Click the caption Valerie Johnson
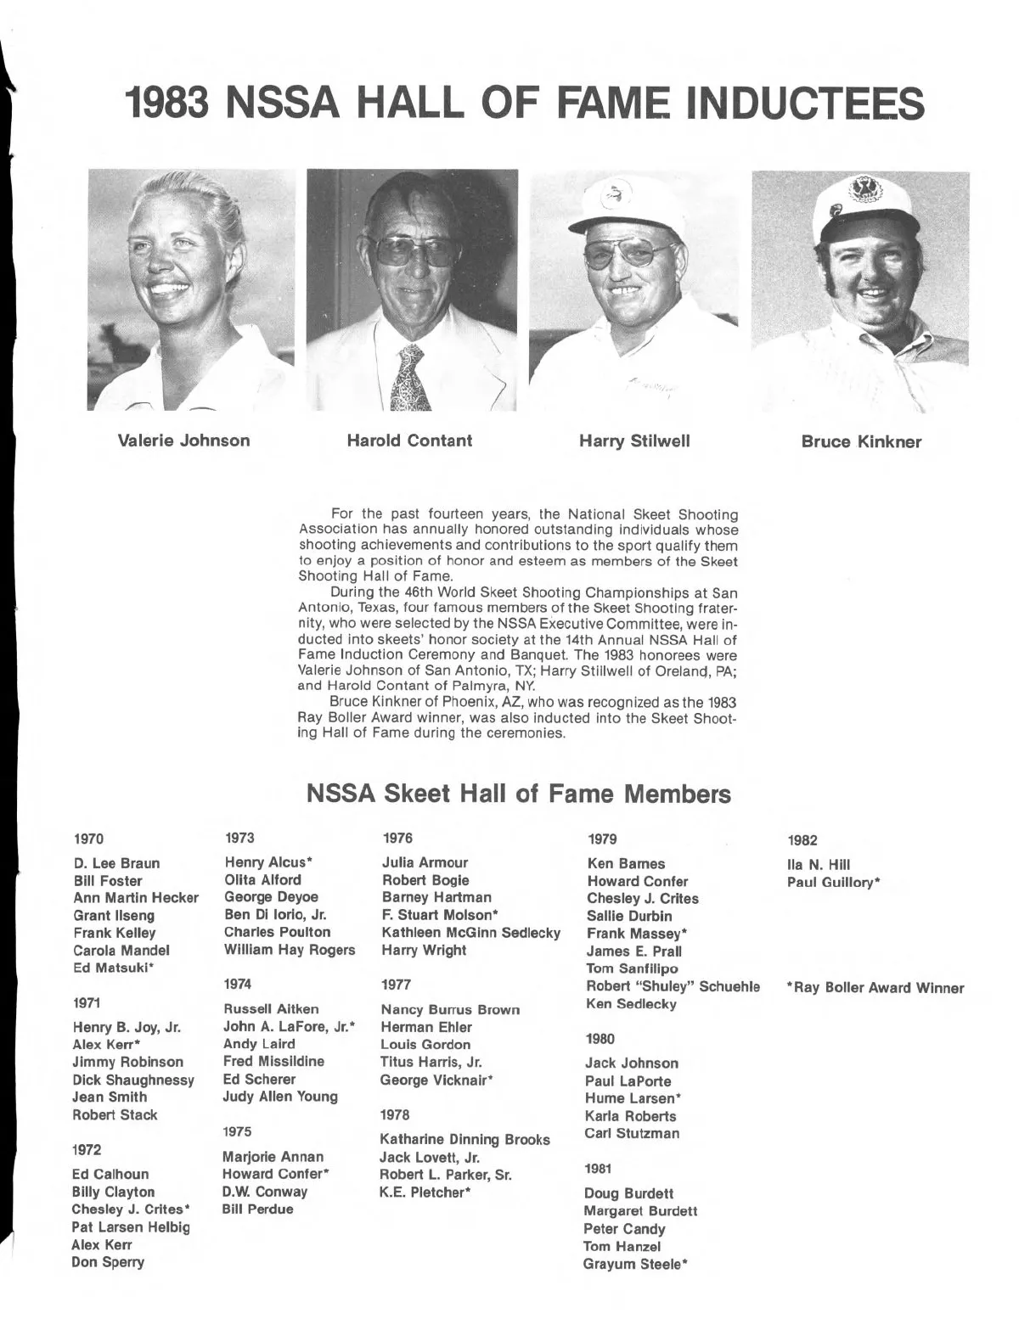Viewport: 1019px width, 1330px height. click(x=183, y=441)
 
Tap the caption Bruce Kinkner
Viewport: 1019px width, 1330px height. click(x=861, y=441)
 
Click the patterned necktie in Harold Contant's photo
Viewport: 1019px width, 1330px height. click(x=411, y=378)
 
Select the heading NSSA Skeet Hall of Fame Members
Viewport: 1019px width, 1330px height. click(x=518, y=794)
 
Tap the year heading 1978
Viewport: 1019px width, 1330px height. click(x=397, y=1114)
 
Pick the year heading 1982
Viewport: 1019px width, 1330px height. click(x=802, y=840)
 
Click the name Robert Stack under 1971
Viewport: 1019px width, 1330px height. click(x=115, y=1114)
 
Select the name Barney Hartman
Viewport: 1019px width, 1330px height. click(x=436, y=897)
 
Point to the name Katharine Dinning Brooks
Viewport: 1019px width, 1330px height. click(x=465, y=1140)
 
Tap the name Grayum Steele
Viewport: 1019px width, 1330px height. click(x=635, y=1265)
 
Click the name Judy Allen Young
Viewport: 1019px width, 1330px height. click(x=280, y=1097)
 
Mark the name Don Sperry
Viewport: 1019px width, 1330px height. click(x=109, y=1262)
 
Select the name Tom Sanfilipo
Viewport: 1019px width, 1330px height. click(x=633, y=968)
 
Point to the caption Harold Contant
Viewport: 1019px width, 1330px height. click(x=409, y=441)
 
